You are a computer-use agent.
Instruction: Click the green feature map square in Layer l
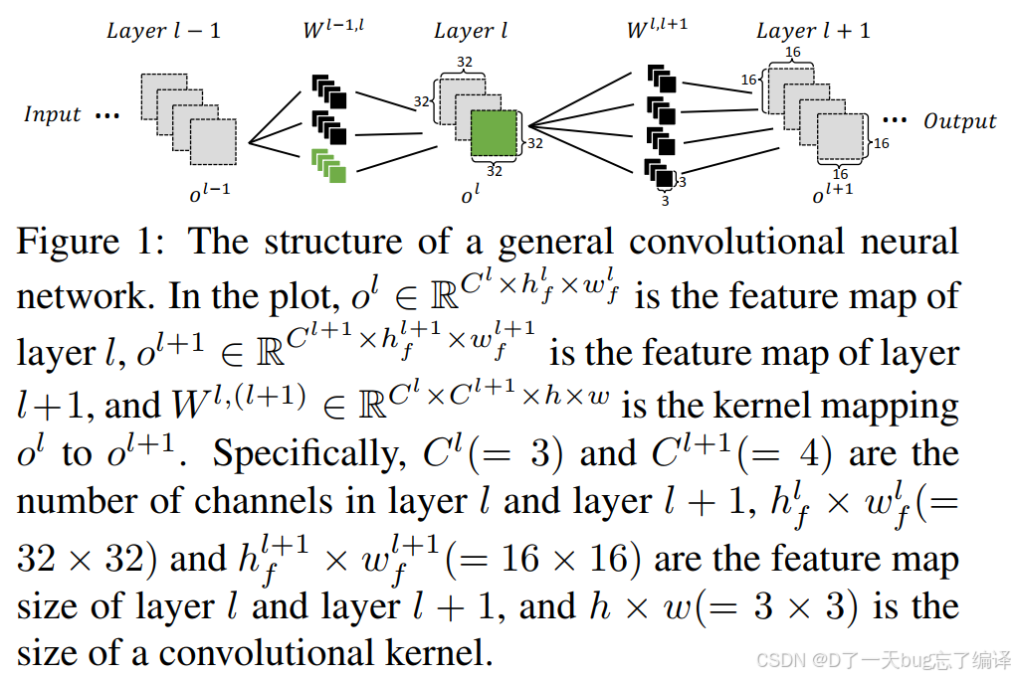[495, 134]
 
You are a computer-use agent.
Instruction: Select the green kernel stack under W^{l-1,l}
[328, 165]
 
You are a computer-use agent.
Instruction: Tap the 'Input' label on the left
[52, 114]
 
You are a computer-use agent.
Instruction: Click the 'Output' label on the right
[959, 121]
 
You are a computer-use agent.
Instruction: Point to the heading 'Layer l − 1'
[163, 31]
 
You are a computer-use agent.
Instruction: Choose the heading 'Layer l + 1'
[813, 31]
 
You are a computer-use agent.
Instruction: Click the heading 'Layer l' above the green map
[471, 31]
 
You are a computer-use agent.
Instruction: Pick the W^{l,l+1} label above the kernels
[657, 31]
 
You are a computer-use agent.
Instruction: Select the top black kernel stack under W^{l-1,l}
[328, 91]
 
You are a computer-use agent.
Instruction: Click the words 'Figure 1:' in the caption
[94, 242]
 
